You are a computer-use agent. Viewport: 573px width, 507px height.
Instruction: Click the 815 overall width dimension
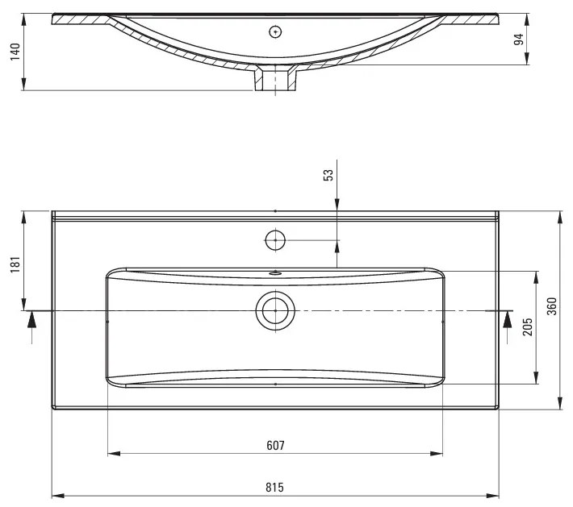(274, 487)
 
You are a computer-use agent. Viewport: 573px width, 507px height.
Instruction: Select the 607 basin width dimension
(274, 445)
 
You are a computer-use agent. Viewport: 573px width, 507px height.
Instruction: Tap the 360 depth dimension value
(552, 307)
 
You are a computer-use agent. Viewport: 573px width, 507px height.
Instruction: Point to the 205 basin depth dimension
(527, 327)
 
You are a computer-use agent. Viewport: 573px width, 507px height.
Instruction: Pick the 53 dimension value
(328, 175)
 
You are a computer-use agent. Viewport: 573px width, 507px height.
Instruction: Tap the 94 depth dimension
(520, 38)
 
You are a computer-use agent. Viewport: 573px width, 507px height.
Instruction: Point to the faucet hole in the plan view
(275, 239)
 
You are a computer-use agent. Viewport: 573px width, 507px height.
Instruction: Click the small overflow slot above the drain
(275, 272)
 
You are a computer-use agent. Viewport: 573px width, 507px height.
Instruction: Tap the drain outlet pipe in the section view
(275, 80)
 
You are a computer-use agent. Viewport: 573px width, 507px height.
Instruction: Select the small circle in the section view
(275, 31)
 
